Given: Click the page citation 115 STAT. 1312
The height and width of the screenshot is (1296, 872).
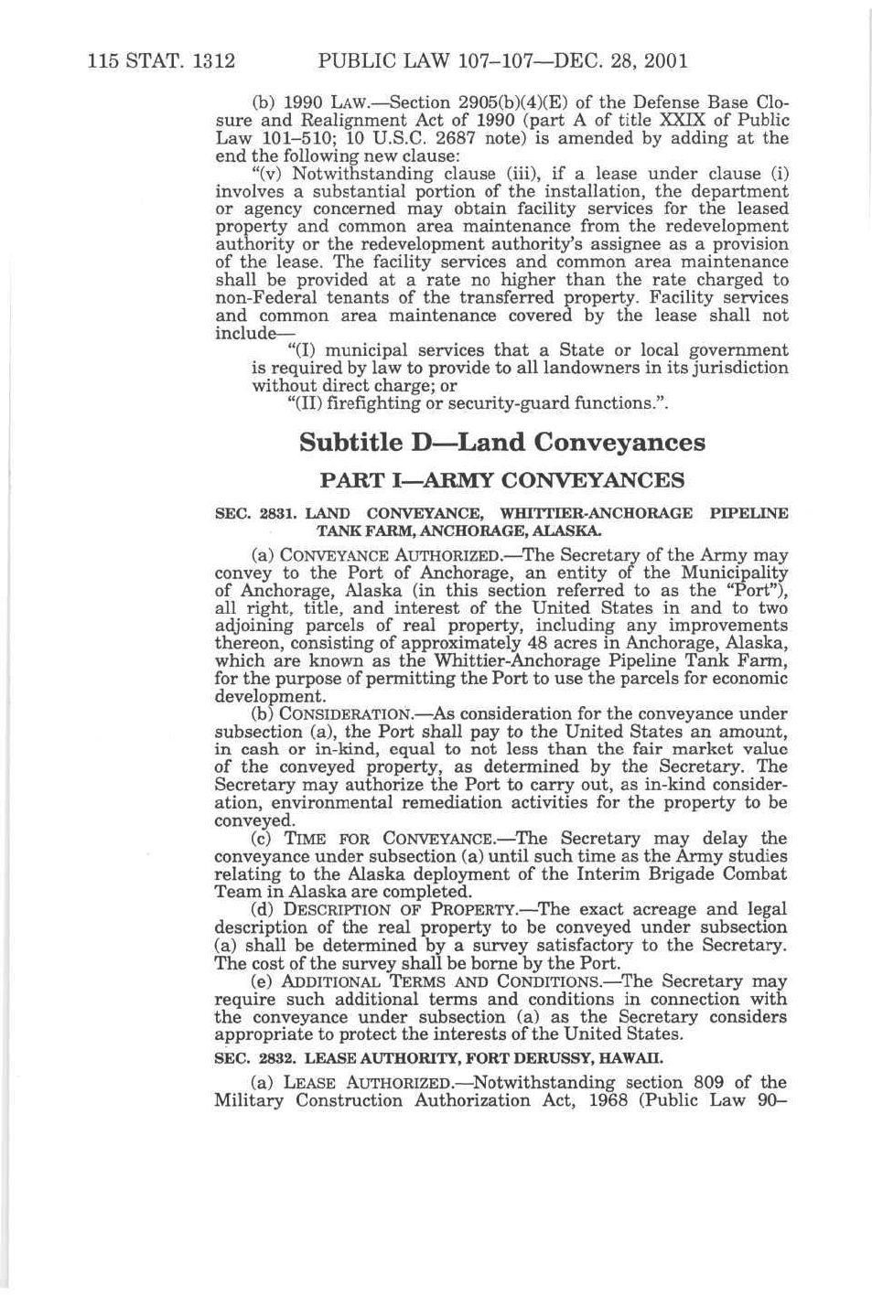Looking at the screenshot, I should pos(162,61).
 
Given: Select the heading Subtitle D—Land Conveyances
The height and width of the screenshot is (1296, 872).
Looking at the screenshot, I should pos(502,443).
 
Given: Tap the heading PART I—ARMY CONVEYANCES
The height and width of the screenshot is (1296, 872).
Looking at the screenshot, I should pos(501,480).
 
